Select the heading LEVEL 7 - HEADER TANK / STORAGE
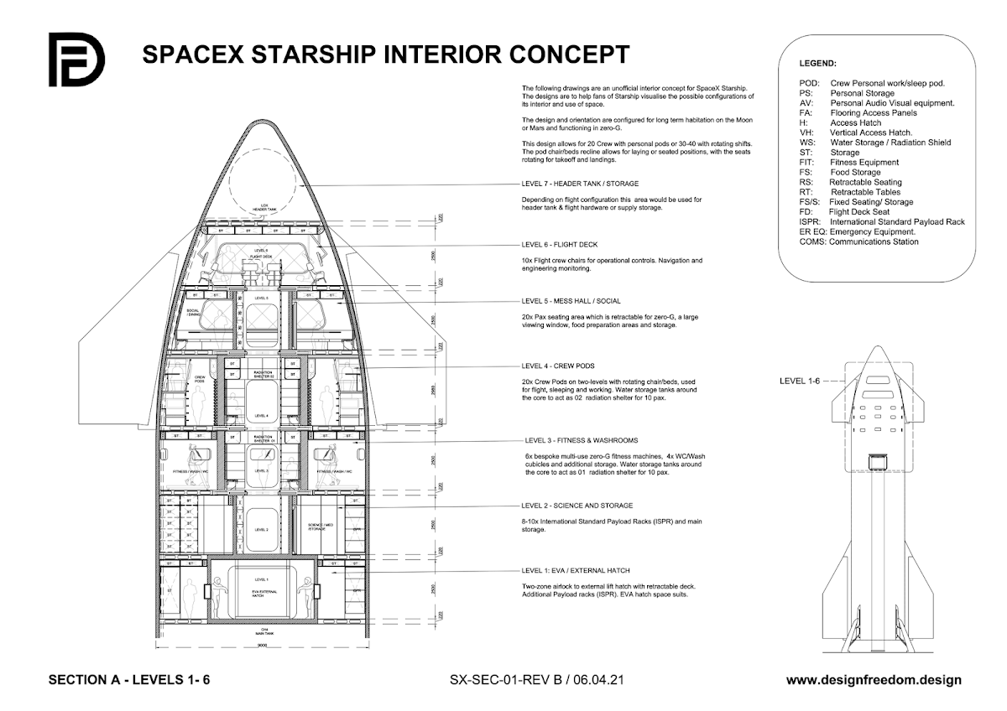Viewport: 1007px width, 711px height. point(580,184)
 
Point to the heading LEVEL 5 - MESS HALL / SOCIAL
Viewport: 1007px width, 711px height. point(571,300)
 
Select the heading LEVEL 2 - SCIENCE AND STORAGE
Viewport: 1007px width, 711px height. point(577,506)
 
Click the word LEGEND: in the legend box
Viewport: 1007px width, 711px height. point(817,64)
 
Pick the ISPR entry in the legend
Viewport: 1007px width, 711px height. point(881,222)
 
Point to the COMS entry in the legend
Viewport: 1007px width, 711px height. point(858,241)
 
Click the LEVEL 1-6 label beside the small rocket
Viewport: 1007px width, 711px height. point(802,381)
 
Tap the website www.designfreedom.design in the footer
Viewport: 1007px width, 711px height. point(874,680)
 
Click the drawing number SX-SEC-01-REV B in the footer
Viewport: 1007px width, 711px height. point(509,680)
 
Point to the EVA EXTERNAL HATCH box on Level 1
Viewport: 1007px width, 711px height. point(261,594)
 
